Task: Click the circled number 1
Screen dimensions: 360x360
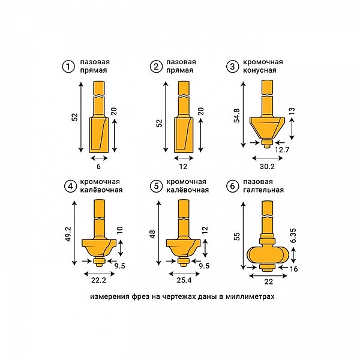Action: point(68,67)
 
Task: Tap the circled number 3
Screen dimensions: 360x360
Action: point(232,67)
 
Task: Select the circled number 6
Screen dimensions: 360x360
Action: point(232,186)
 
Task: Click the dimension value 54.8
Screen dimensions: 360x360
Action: point(237,115)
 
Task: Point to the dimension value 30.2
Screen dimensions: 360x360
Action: point(267,166)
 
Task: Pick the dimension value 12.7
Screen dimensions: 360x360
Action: point(282,150)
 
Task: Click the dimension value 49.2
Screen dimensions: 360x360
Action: point(68,233)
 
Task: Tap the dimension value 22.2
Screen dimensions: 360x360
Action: point(99,280)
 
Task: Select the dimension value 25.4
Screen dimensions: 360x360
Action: point(184,280)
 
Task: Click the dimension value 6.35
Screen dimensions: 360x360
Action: point(293,236)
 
